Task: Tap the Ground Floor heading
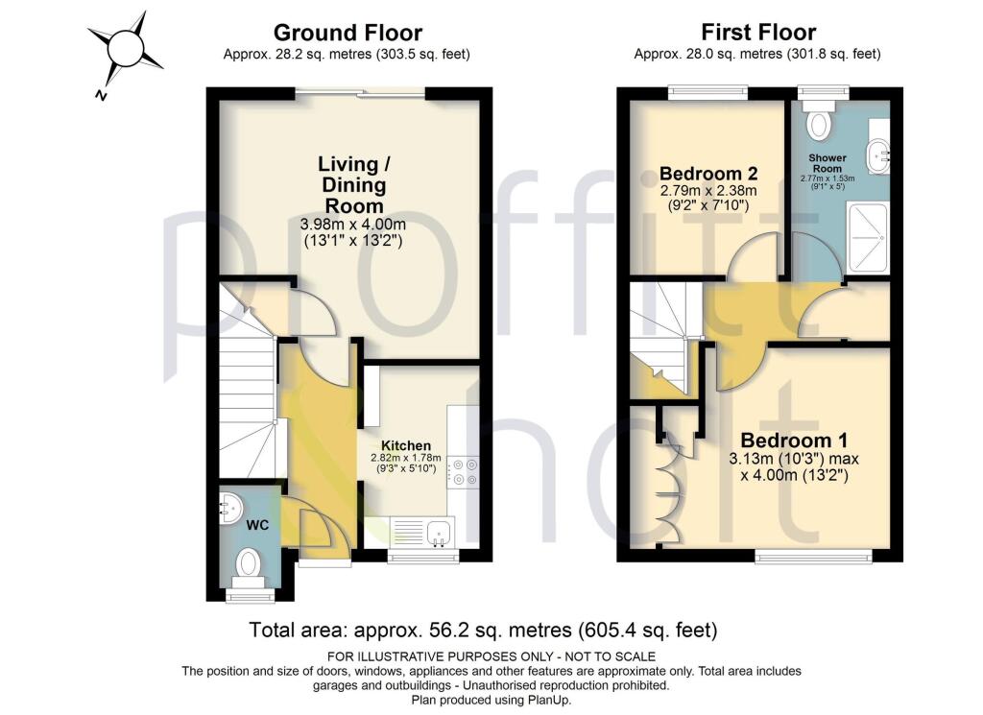click(347, 34)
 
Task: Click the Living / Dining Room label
click(351, 183)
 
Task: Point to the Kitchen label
click(405, 445)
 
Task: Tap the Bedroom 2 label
click(708, 174)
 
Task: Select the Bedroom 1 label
click(793, 441)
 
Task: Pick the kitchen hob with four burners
click(465, 469)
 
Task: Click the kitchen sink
click(440, 530)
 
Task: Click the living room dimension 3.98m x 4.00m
click(351, 226)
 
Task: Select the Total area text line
click(483, 631)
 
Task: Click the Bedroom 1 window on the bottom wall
click(812, 555)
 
